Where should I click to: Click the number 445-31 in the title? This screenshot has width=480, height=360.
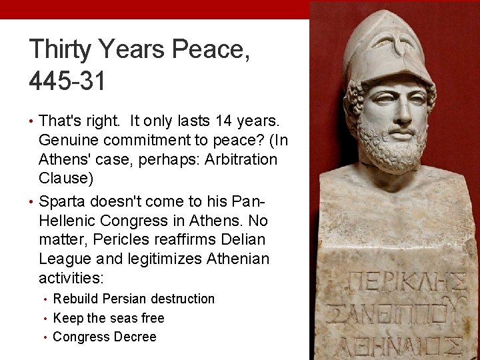click(67, 82)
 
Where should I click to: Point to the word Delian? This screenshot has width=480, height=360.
click(245, 239)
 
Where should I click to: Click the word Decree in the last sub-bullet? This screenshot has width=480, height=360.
click(136, 337)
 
